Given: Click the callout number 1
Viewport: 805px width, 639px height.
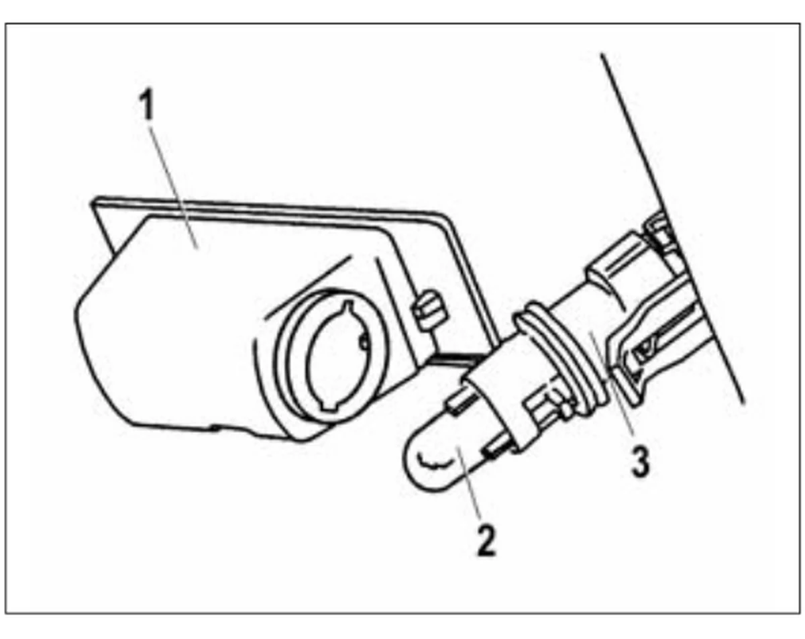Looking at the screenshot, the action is pos(148,105).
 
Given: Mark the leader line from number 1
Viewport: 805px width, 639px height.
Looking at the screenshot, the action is pos(174,187).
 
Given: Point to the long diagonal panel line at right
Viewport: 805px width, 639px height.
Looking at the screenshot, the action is pos(672,229).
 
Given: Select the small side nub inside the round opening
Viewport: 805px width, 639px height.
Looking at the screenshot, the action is pos(364,342).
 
